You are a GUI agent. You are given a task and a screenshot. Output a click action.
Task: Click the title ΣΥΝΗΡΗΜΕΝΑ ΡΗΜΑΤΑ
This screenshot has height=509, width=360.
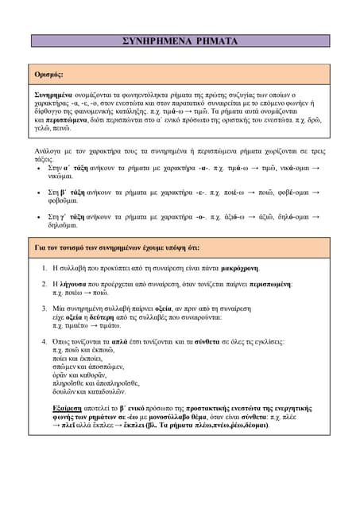tap(181, 41)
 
